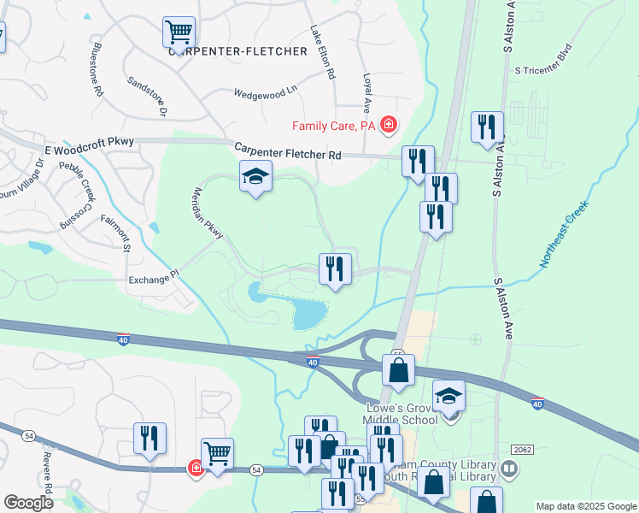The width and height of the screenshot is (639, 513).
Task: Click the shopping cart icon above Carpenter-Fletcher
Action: [x=179, y=32]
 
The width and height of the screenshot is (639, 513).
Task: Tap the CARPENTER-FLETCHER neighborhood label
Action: [x=237, y=51]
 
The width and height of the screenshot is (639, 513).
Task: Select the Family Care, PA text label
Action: [x=336, y=126]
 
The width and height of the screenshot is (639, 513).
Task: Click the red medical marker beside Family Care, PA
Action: [x=390, y=126]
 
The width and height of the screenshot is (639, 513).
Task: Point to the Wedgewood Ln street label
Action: [x=265, y=89]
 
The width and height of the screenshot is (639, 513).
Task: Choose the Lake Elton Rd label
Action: [x=322, y=51]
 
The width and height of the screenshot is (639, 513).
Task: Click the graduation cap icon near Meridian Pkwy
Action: [x=255, y=177]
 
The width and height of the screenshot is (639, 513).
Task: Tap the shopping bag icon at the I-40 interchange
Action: [x=398, y=371]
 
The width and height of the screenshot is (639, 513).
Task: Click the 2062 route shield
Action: [x=522, y=449]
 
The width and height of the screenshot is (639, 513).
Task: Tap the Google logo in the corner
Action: [x=29, y=502]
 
